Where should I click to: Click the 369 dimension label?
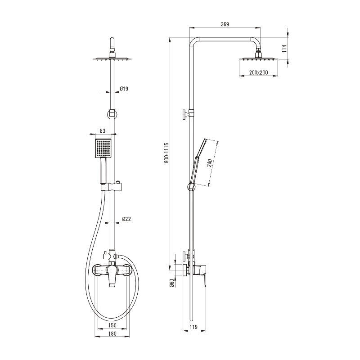click(x=225, y=24)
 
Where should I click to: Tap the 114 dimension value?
click(x=284, y=49)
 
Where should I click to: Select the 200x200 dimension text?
click(x=258, y=72)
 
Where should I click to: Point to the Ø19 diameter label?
click(x=124, y=89)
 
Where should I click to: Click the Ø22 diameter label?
click(x=126, y=219)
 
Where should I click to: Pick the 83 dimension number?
click(x=103, y=130)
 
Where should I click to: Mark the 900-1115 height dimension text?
click(x=166, y=153)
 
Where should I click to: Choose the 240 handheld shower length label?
click(x=209, y=163)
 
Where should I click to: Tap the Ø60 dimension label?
click(x=172, y=283)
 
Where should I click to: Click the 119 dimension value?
click(x=193, y=327)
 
